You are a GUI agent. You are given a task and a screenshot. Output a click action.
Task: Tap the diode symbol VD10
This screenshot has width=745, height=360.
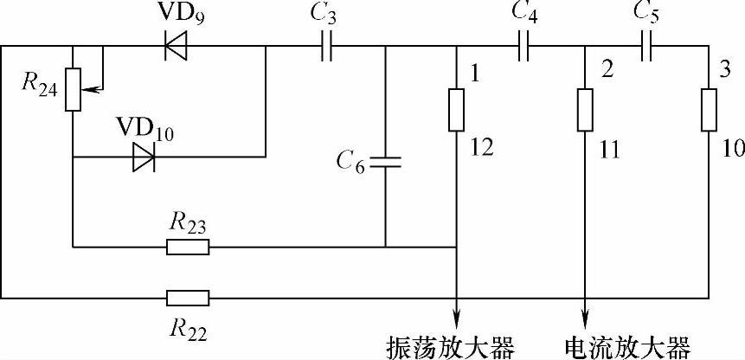(x=145, y=157)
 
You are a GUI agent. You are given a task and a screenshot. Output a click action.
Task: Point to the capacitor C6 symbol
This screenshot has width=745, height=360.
(x=385, y=161)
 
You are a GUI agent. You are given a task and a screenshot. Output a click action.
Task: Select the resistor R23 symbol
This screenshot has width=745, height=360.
(x=188, y=247)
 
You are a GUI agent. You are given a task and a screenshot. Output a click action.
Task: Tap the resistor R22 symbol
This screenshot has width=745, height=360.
(x=188, y=299)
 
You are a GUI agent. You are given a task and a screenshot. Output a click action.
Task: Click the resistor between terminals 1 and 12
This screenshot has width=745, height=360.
(x=456, y=109)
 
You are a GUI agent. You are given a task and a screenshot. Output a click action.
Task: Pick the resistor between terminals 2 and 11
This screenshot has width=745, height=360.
(x=586, y=109)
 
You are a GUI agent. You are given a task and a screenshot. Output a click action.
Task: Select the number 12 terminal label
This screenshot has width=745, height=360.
(x=482, y=149)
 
